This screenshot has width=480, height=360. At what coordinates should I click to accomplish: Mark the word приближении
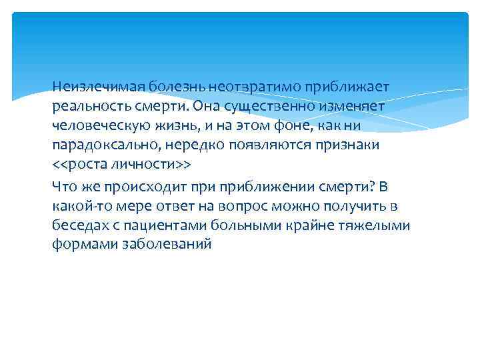pyautogui.click(x=251, y=187)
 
